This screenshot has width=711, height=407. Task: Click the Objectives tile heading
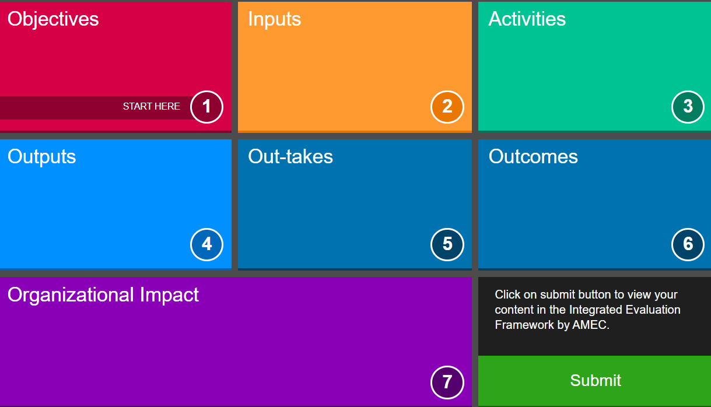(x=53, y=19)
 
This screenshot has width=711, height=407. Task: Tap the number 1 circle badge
(x=206, y=107)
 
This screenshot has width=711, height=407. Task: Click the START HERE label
(x=152, y=106)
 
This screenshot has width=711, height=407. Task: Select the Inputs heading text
(x=275, y=20)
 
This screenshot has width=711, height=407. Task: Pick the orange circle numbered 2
(x=447, y=107)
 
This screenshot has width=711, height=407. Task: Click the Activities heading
(x=527, y=19)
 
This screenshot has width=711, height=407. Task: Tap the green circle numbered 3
(x=688, y=107)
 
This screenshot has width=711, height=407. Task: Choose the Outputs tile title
(x=42, y=157)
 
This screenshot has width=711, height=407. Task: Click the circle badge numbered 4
(x=206, y=244)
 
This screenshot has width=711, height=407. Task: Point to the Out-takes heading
(x=290, y=156)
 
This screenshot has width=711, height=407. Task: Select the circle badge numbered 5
(x=447, y=244)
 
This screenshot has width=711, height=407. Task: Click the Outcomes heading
(x=533, y=156)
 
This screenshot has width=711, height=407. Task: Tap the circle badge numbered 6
(x=688, y=244)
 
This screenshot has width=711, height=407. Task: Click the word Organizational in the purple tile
(x=71, y=295)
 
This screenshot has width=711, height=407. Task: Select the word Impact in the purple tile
(x=169, y=295)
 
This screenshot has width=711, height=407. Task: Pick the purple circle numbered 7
(x=447, y=383)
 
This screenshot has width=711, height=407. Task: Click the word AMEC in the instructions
(x=591, y=325)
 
